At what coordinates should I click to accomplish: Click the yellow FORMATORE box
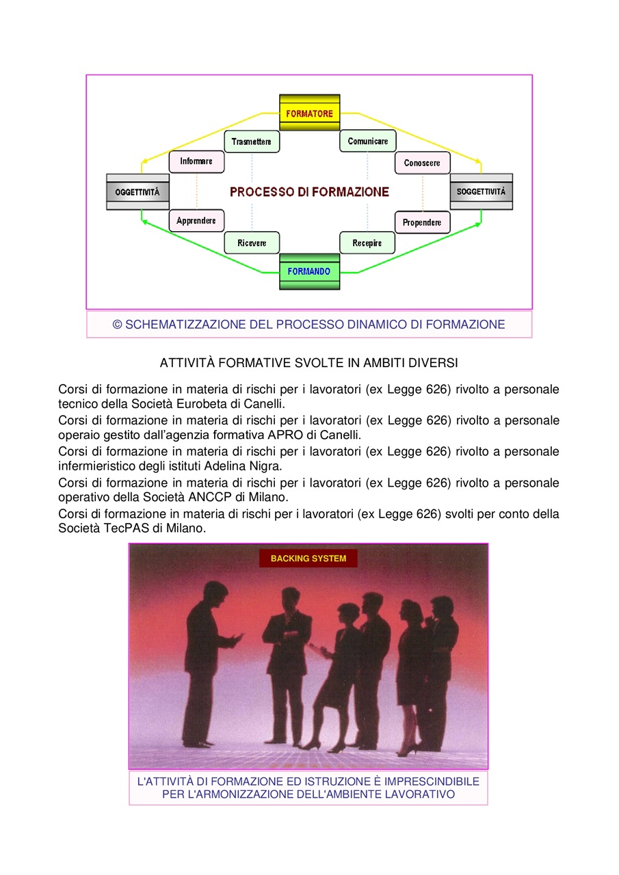pyautogui.click(x=309, y=113)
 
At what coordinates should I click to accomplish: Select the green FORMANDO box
pyautogui.click(x=309, y=271)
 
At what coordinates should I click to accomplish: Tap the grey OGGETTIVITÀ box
pyautogui.click(x=137, y=192)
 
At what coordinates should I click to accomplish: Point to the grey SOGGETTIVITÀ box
pyautogui.click(x=481, y=191)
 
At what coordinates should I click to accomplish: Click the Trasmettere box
pyautogui.click(x=252, y=142)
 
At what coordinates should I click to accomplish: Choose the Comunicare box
pyautogui.click(x=368, y=141)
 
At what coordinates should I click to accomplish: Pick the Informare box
pyautogui.click(x=196, y=161)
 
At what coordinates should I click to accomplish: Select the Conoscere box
pyautogui.click(x=423, y=163)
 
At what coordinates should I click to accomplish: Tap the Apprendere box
pyautogui.click(x=196, y=221)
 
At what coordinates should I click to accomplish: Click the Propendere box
pyautogui.click(x=423, y=223)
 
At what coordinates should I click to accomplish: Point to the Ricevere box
pyautogui.click(x=252, y=243)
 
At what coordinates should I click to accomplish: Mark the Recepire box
pyautogui.click(x=367, y=243)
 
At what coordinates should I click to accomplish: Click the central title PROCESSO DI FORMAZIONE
pyautogui.click(x=309, y=192)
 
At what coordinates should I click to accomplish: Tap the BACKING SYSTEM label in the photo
pyautogui.click(x=308, y=558)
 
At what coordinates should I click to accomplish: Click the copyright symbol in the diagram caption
pyautogui.click(x=117, y=325)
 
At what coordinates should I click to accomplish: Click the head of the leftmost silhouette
pyautogui.click(x=215, y=593)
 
